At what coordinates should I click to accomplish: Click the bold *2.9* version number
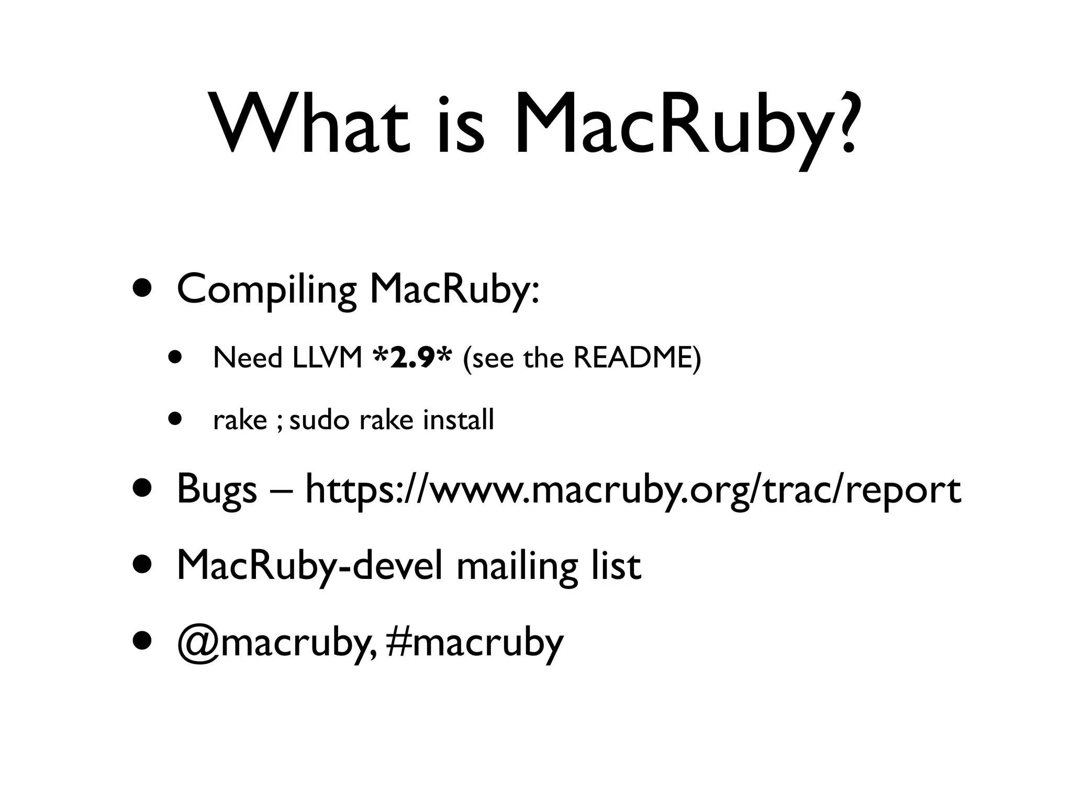pos(412,358)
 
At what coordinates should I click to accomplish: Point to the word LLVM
pos(327,359)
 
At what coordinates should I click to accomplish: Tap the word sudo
pos(319,420)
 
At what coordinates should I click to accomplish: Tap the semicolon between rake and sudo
pos(279,422)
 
